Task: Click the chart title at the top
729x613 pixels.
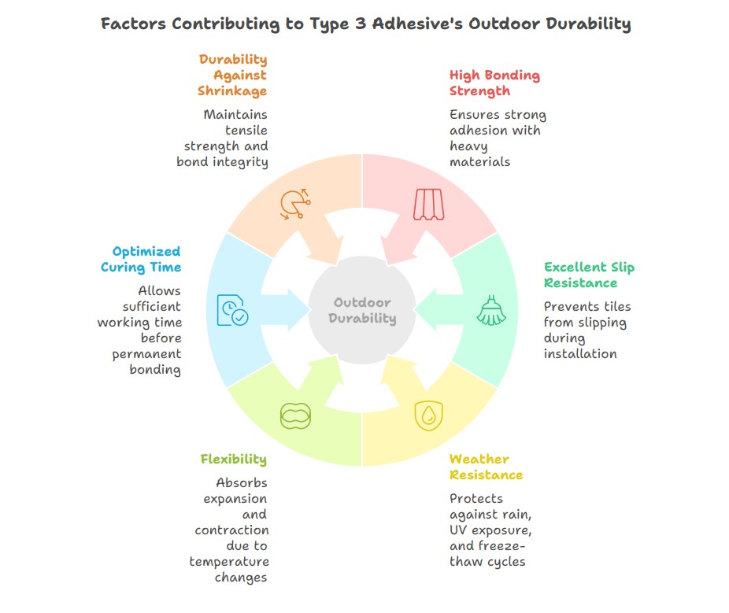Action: (x=366, y=24)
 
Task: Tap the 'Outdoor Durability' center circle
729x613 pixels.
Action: (x=362, y=310)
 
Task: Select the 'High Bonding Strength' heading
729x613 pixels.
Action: (x=494, y=83)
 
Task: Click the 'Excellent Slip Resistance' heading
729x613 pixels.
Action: (x=589, y=275)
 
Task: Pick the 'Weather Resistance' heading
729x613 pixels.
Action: (x=486, y=467)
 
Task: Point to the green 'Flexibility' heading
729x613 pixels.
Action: (x=233, y=460)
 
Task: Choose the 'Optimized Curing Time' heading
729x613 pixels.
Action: (x=141, y=260)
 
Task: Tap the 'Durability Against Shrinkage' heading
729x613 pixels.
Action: (x=232, y=75)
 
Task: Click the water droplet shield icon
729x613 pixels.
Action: (x=428, y=415)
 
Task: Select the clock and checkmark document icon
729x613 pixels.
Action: (x=232, y=310)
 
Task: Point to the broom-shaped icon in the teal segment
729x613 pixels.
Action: (x=491, y=310)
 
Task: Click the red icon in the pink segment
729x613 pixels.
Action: (x=428, y=204)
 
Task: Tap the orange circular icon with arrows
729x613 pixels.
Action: (x=295, y=204)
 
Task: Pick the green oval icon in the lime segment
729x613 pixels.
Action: (x=295, y=415)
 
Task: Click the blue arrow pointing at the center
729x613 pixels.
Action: (x=286, y=310)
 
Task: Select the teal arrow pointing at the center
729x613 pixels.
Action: (x=439, y=310)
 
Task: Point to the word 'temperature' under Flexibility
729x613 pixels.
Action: (x=229, y=562)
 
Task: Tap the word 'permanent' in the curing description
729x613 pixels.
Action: (x=146, y=354)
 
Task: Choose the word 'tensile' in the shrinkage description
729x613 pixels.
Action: (x=246, y=130)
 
